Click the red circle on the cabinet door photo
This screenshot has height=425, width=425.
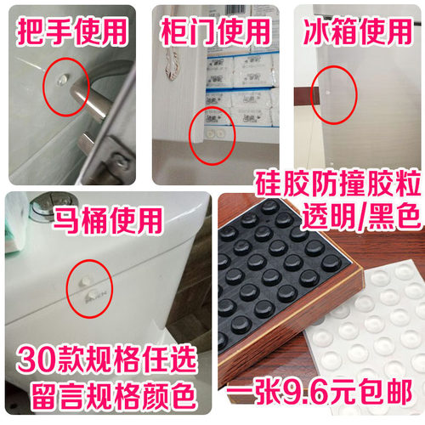click(211, 134)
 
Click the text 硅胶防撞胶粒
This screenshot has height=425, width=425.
click(336, 184)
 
